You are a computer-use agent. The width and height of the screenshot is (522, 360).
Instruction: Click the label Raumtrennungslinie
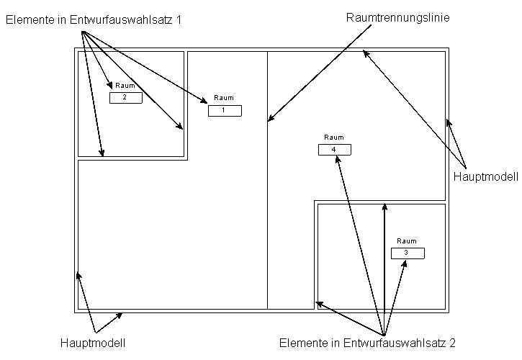[x=398, y=19]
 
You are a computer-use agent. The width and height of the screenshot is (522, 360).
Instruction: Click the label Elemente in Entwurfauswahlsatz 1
[x=93, y=20]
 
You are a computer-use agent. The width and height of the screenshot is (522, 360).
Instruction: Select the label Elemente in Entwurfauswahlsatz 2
[x=367, y=343]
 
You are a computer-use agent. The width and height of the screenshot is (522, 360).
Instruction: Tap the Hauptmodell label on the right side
[x=486, y=176]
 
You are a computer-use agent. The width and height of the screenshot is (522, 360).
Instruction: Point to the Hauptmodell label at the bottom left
[x=93, y=343]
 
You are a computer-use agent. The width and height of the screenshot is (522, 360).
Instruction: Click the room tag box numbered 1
[x=225, y=110]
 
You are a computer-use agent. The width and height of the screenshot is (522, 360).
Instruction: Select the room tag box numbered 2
[x=125, y=97]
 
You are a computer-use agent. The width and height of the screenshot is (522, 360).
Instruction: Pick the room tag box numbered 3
[x=407, y=253]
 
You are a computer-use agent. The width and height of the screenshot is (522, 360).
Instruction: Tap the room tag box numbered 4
[x=334, y=149]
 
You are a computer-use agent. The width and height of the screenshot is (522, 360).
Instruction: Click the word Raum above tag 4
[x=334, y=138]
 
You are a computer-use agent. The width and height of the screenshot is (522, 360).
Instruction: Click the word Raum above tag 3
[x=407, y=241]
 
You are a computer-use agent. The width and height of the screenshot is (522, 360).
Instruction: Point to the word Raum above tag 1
[x=225, y=98]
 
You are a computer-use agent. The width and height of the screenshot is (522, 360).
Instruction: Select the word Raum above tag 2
[x=125, y=86]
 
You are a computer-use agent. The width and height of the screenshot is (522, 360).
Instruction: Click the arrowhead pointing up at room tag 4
[x=336, y=159]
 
